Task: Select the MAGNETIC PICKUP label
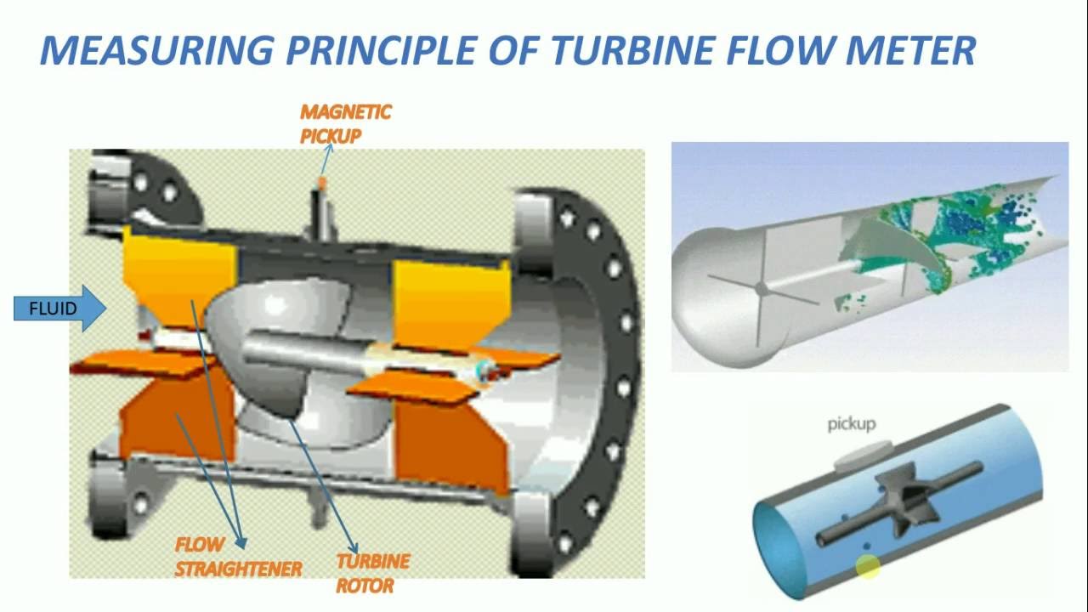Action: point(344,124)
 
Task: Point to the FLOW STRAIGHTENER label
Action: point(237,558)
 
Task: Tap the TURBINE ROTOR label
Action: point(372,573)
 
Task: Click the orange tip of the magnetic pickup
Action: point(321,184)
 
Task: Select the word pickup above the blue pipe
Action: point(851,423)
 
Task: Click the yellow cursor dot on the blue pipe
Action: point(868,567)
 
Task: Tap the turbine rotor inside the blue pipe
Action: point(912,501)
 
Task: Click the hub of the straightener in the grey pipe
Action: point(762,290)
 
